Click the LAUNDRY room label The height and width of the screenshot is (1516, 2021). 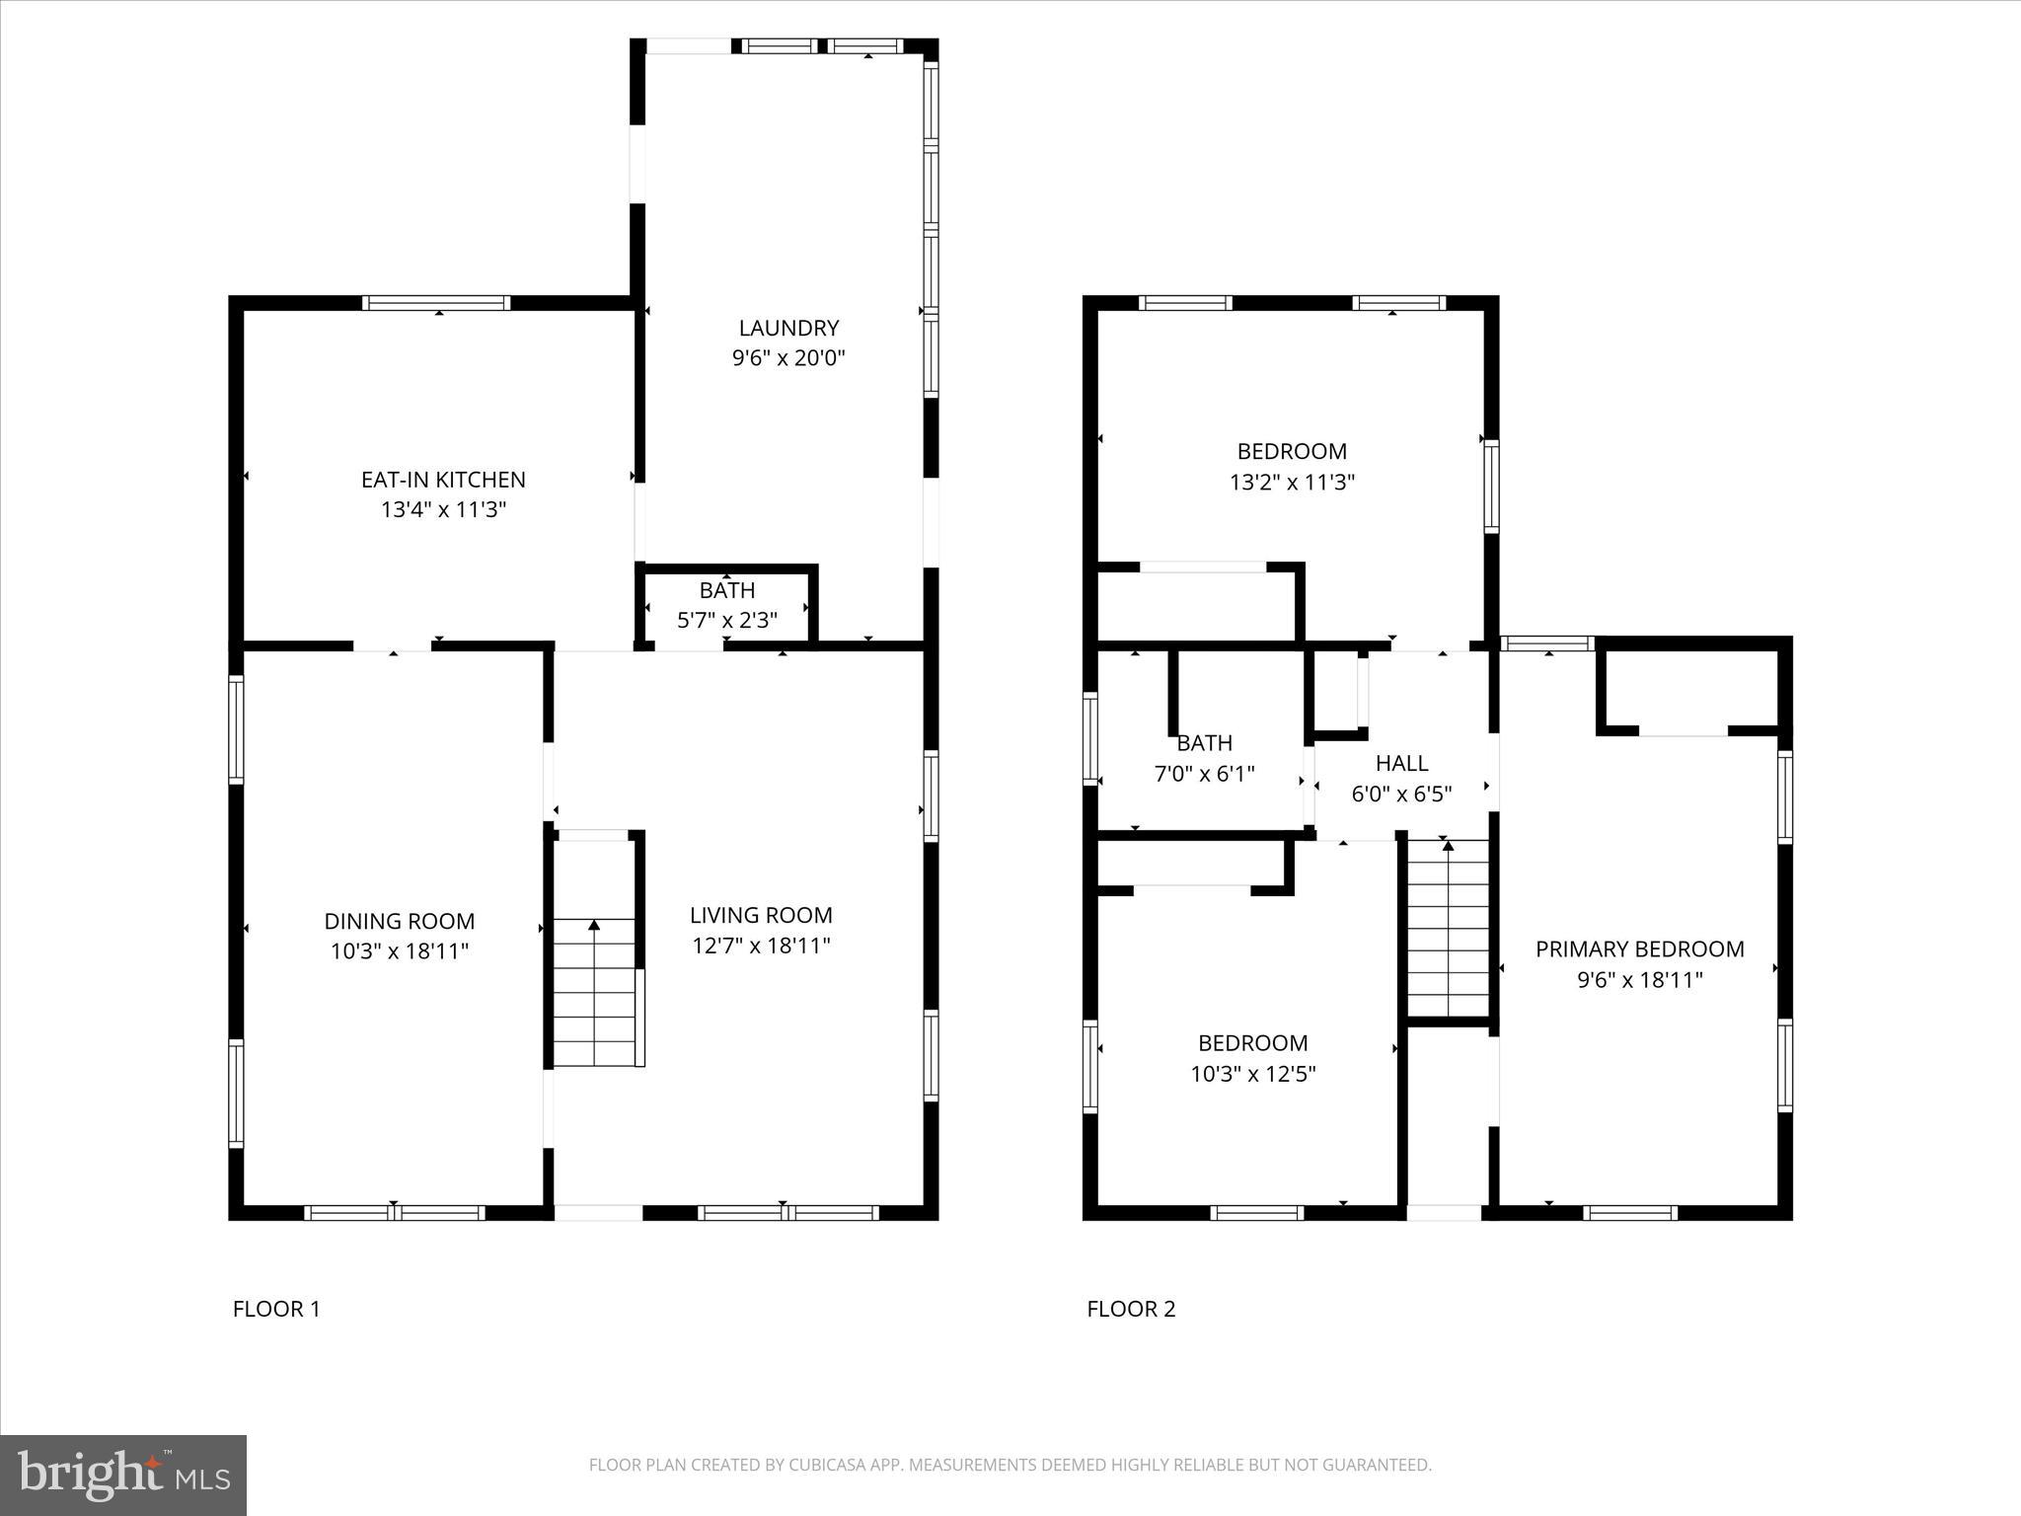pyautogui.click(x=788, y=328)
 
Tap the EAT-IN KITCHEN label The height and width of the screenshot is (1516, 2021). pyautogui.click(x=443, y=480)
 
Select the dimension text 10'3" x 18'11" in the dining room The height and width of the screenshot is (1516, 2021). pyautogui.click(x=399, y=951)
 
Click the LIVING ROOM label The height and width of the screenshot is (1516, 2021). pyautogui.click(x=761, y=915)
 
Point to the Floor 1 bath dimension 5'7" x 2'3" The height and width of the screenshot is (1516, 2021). pyautogui.click(x=727, y=620)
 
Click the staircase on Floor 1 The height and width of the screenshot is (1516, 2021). pyautogui.click(x=594, y=992)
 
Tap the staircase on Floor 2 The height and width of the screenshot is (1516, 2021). pyautogui.click(x=1448, y=928)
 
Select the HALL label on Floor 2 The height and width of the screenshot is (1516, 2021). pyautogui.click(x=1401, y=763)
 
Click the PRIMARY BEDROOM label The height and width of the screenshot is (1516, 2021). pyautogui.click(x=1639, y=948)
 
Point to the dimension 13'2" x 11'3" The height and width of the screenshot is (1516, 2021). pyautogui.click(x=1292, y=483)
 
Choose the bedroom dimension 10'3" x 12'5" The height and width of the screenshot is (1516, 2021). pyautogui.click(x=1252, y=1074)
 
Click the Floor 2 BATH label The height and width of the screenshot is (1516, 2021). pyautogui.click(x=1204, y=743)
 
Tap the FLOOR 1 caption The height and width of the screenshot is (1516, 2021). pyautogui.click(x=276, y=1309)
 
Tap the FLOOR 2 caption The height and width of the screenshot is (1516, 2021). pyautogui.click(x=1131, y=1309)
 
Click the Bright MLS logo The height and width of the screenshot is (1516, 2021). pyautogui.click(x=123, y=1475)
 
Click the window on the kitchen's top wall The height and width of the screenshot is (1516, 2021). pyautogui.click(x=436, y=303)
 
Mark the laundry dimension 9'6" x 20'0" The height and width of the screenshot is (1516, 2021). pyautogui.click(x=788, y=358)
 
